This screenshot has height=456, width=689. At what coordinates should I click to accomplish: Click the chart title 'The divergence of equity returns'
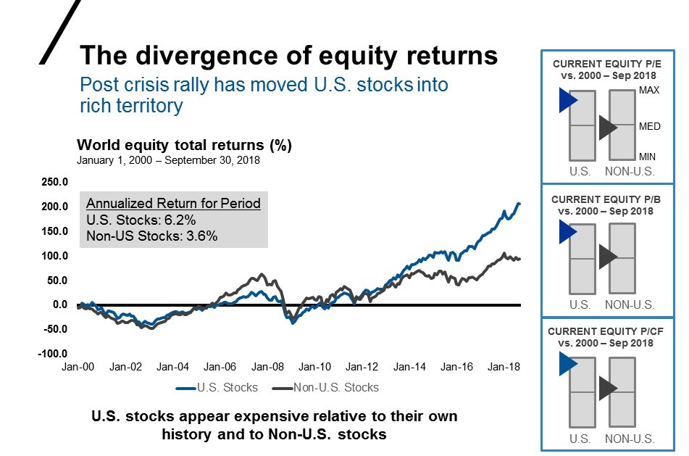[288, 56]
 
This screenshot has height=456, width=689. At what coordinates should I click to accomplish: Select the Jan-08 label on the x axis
[267, 368]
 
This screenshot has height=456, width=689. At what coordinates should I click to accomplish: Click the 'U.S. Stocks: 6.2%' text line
[141, 220]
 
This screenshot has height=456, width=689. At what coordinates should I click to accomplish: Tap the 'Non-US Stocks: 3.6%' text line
[151, 236]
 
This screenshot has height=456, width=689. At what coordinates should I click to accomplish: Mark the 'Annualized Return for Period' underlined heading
[173, 204]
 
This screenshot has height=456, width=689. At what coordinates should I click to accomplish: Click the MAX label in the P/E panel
[649, 91]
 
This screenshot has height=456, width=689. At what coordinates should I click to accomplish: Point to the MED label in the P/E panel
[649, 126]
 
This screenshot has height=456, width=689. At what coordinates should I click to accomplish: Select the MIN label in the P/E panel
[648, 157]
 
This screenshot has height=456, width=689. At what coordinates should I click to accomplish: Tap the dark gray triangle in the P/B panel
[607, 257]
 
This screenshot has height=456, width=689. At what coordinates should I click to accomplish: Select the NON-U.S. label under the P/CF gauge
[629, 439]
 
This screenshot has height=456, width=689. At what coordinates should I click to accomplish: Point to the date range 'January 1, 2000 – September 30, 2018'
[168, 160]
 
